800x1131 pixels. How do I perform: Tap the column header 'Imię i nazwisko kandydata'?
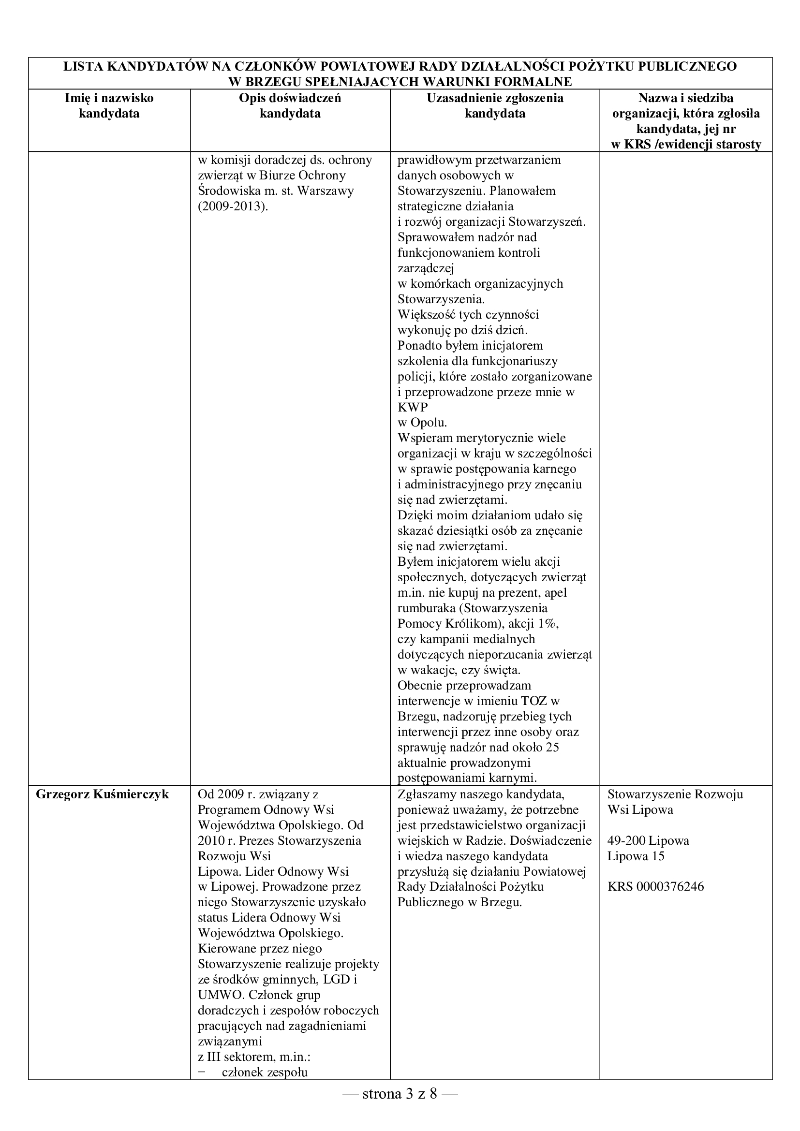click(109, 105)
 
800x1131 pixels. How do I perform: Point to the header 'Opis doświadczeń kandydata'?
click(290, 105)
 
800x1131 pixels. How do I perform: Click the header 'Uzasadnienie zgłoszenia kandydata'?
click(495, 105)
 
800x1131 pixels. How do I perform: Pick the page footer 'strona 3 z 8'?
click(400, 1095)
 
